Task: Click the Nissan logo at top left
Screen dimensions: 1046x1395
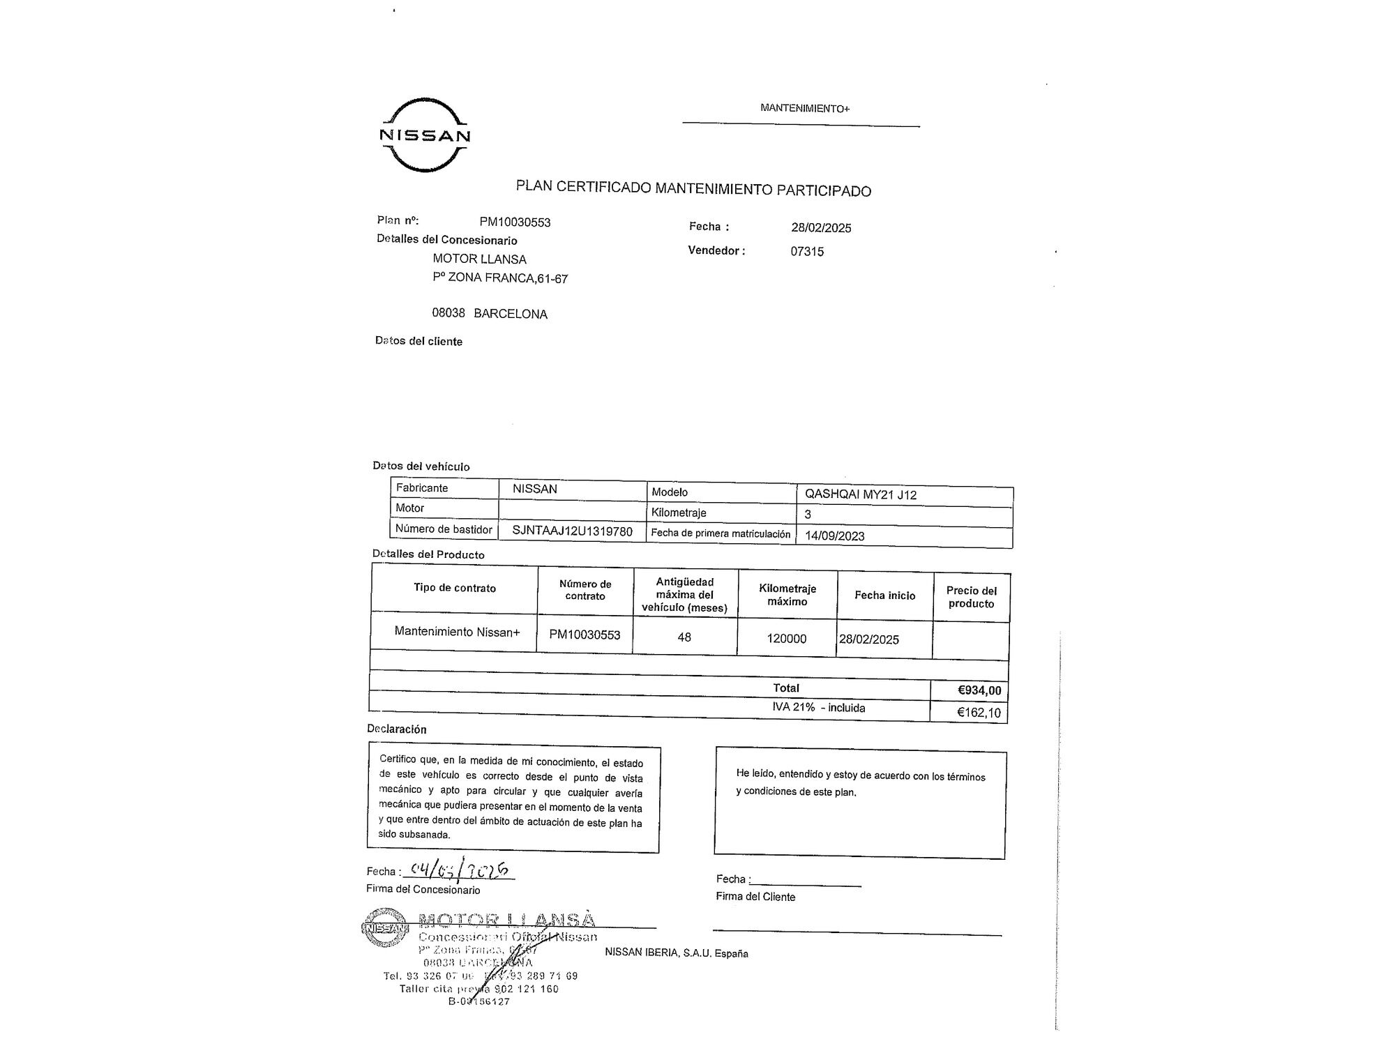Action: click(x=425, y=135)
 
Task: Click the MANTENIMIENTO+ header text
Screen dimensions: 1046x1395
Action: click(x=805, y=108)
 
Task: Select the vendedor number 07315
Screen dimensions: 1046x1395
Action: click(x=807, y=252)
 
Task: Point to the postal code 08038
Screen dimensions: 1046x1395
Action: click(x=448, y=312)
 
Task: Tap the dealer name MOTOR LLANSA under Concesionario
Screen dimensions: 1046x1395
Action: click(x=479, y=259)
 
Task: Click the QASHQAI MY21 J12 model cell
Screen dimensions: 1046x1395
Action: click(x=860, y=495)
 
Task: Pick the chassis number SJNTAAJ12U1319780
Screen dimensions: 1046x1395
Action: click(x=572, y=531)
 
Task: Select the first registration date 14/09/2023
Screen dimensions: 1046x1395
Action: click(x=834, y=536)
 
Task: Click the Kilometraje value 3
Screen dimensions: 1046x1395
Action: click(x=808, y=515)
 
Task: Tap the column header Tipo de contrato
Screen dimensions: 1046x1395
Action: click(x=455, y=588)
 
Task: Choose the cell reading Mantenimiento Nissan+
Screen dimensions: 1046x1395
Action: click(x=457, y=632)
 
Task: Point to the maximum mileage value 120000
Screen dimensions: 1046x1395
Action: click(x=786, y=639)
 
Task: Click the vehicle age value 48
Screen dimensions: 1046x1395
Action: click(x=684, y=637)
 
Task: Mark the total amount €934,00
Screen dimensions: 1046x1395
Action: click(x=979, y=690)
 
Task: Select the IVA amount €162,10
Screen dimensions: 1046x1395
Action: click(x=979, y=713)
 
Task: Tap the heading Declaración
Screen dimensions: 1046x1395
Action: click(x=396, y=729)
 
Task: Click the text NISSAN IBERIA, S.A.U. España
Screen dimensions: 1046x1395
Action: click(x=676, y=953)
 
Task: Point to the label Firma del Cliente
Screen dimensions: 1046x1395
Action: click(x=755, y=897)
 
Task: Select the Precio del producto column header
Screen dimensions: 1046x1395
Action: click(x=971, y=597)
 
